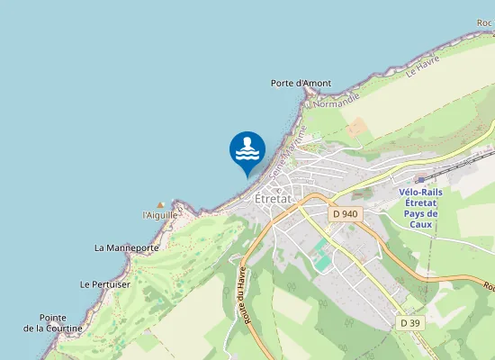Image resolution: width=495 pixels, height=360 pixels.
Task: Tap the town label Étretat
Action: click(271, 198)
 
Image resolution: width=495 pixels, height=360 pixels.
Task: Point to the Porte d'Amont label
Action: click(301, 84)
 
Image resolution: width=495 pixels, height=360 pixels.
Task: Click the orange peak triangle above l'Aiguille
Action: click(161, 205)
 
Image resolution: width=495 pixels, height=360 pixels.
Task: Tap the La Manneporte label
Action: click(126, 247)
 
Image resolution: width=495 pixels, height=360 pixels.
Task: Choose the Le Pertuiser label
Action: click(105, 284)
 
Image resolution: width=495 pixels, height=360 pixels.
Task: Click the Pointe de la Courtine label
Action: click(52, 323)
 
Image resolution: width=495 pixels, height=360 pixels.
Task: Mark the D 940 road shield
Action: click(344, 214)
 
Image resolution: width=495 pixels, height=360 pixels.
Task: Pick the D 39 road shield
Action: click(409, 322)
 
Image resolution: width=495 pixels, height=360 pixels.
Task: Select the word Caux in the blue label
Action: click(420, 224)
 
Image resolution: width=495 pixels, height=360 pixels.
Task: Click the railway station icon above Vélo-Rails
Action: click(419, 179)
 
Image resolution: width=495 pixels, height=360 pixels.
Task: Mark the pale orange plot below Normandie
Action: click(356, 127)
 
